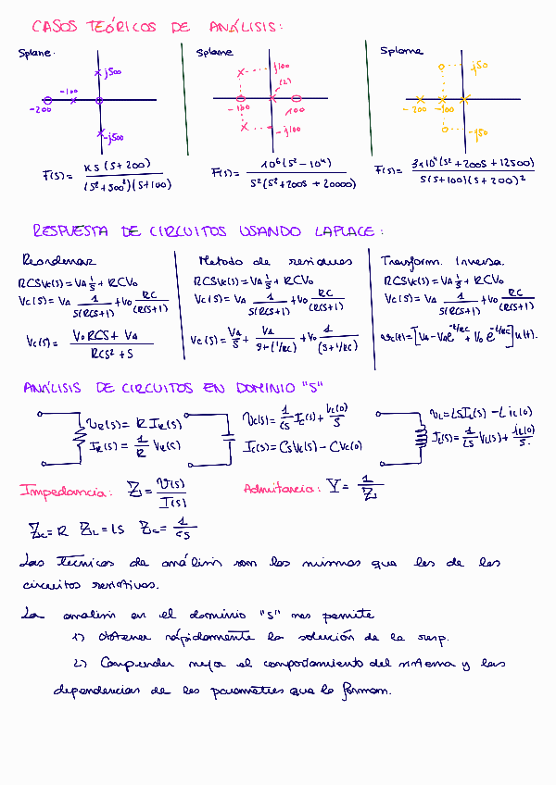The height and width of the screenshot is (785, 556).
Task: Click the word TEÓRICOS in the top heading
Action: pyautogui.click(x=120, y=27)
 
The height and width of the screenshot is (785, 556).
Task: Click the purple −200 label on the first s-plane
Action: pyautogui.click(x=40, y=110)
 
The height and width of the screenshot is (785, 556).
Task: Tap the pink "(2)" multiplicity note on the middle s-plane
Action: pyautogui.click(x=285, y=82)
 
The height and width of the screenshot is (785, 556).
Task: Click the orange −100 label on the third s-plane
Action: pyautogui.click(x=447, y=109)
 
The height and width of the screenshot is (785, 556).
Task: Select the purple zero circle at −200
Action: pyautogui.click(x=46, y=99)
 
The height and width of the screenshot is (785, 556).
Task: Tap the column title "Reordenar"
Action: pyautogui.click(x=58, y=262)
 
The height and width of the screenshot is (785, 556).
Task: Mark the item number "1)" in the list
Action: pyautogui.click(x=78, y=637)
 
